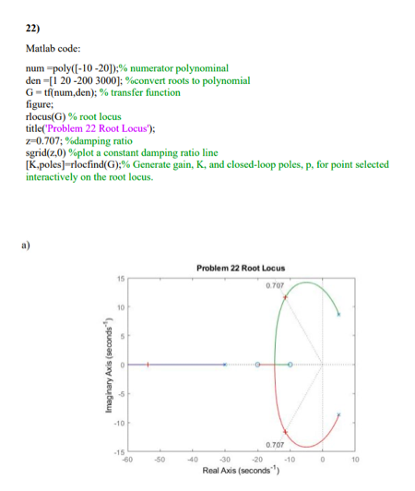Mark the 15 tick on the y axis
click(x=119, y=278)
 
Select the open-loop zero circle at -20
click(x=258, y=365)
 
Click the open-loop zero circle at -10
click(x=290, y=365)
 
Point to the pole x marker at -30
click(x=225, y=365)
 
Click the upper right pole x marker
click(x=338, y=315)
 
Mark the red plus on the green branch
click(x=285, y=299)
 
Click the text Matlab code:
click(x=51, y=47)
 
